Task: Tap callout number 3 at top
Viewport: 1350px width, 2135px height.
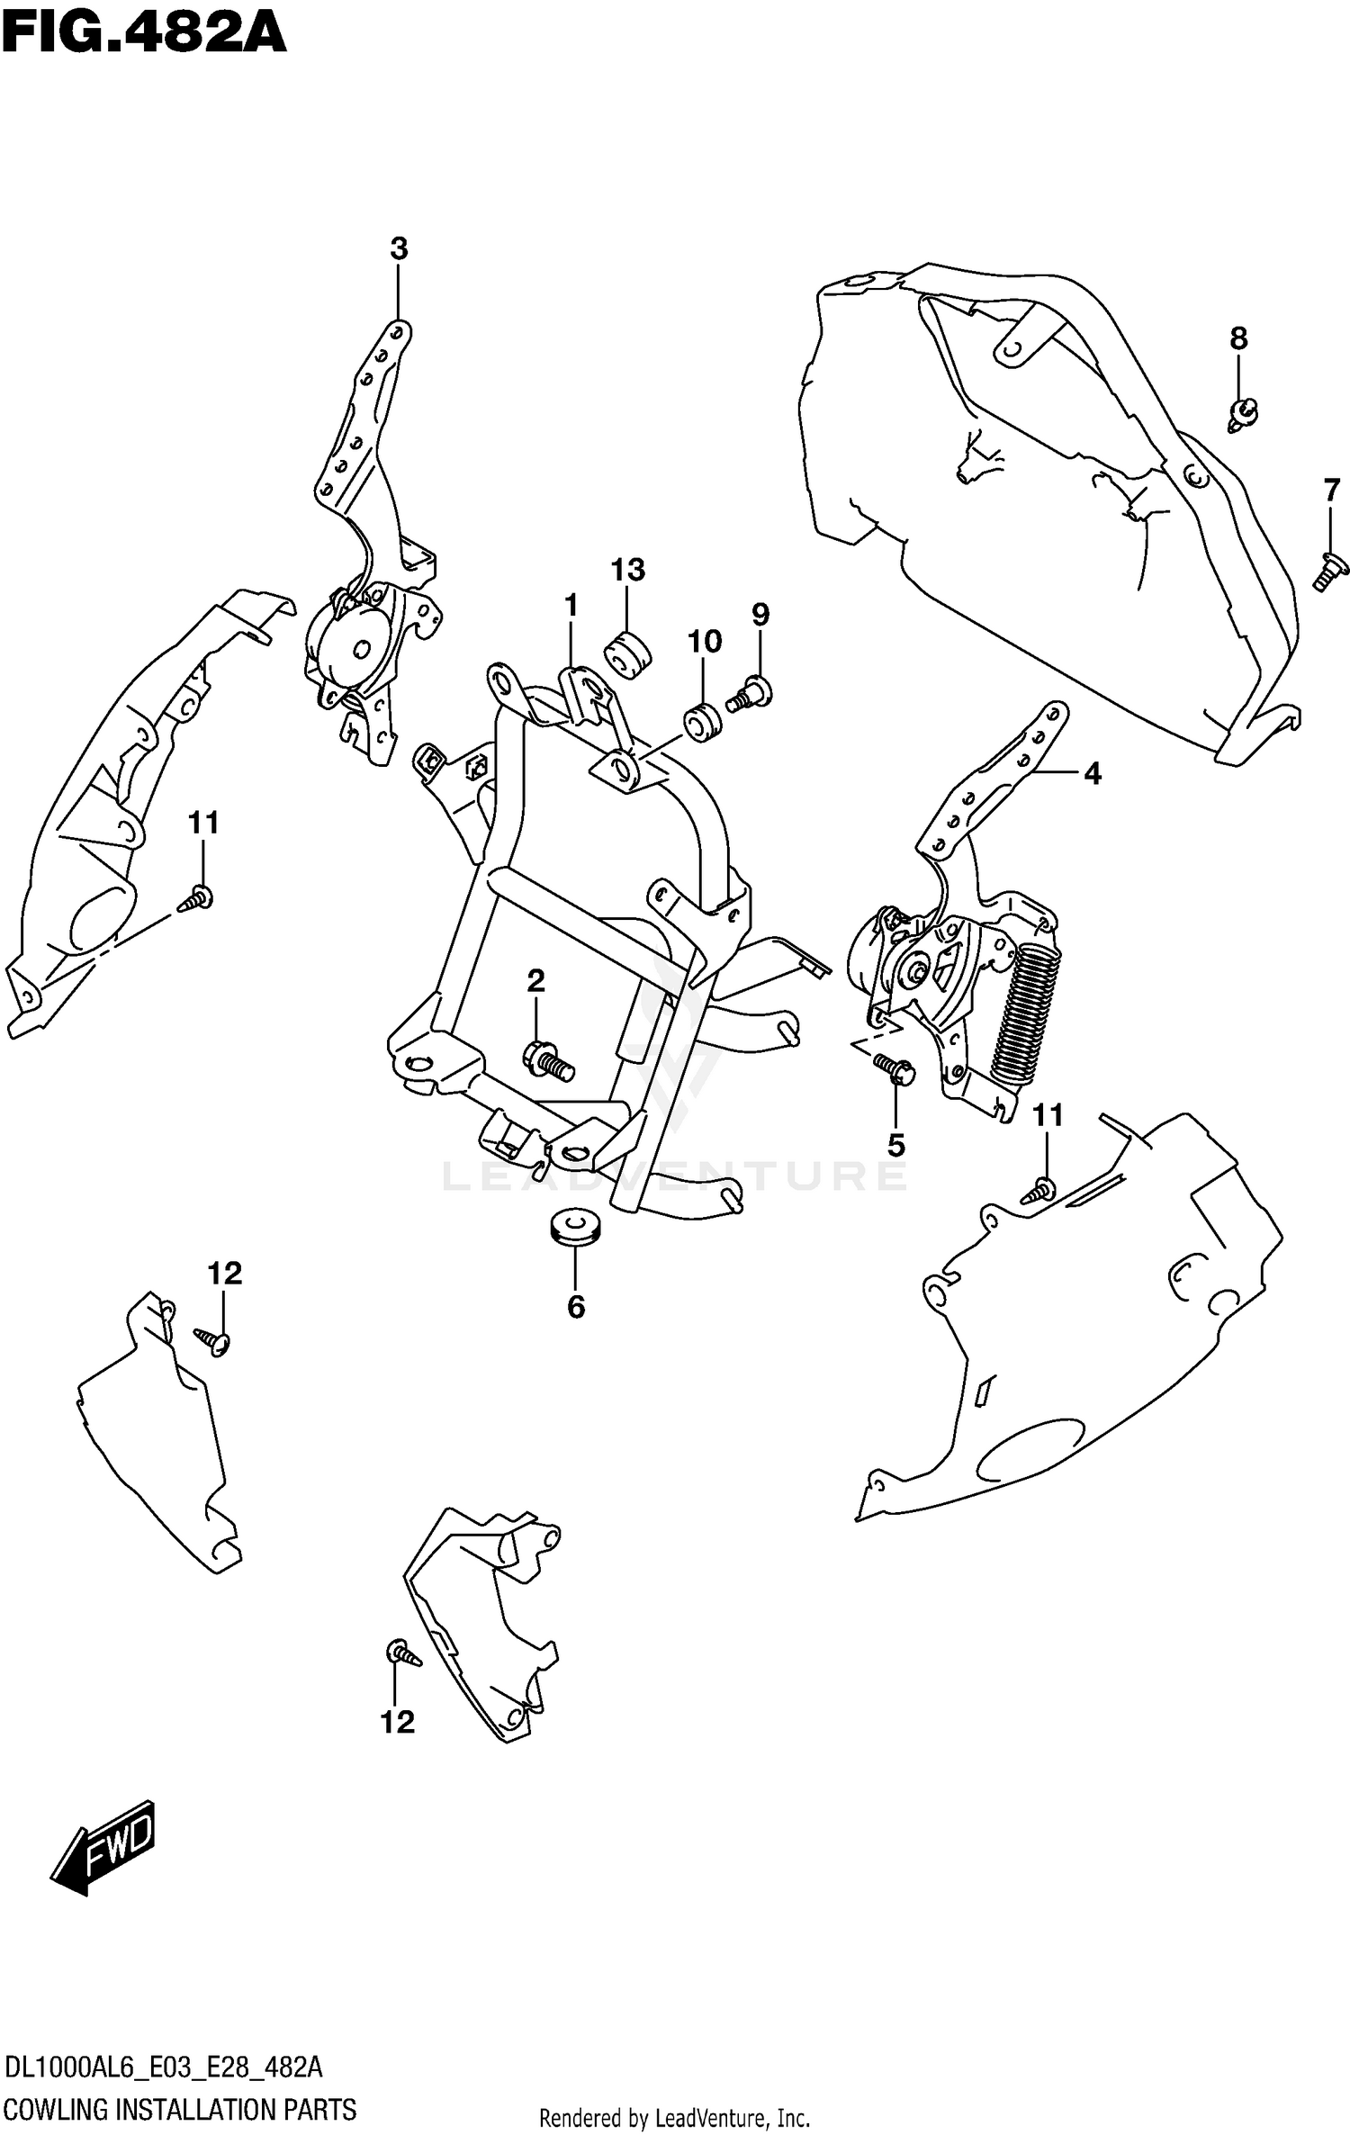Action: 399,249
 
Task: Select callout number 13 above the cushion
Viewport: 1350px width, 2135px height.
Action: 627,570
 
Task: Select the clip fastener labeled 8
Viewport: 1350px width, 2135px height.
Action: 1243,413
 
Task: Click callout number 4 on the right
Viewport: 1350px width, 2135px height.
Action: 1092,772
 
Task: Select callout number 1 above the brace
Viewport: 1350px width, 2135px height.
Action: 571,606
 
